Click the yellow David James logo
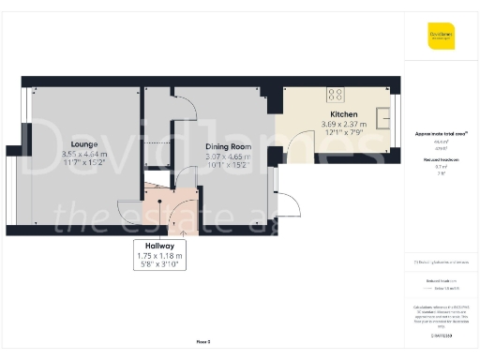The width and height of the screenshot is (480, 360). click(442, 37)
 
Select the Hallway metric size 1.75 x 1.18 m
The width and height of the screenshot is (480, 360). click(160, 256)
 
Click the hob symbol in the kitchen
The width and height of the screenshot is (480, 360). click(335, 93)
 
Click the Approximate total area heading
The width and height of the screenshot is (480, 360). click(441, 133)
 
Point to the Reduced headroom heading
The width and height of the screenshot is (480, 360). click(441, 159)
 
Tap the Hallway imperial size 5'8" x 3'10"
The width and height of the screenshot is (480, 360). click(160, 265)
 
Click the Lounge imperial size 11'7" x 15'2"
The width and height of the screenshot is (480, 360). click(84, 162)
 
